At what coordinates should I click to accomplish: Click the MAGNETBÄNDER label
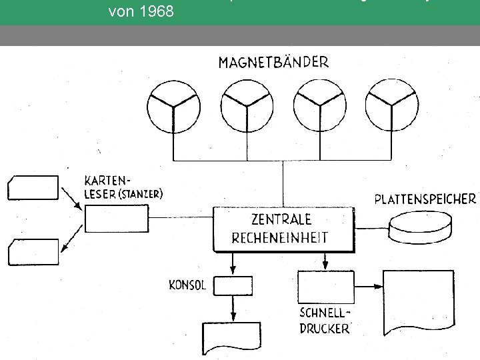coord(273,63)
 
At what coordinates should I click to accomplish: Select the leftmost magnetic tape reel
coord(173,105)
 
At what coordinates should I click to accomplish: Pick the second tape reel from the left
coord(246,105)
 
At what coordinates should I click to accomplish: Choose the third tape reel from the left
coord(320,105)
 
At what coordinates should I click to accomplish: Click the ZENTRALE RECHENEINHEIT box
coord(281,228)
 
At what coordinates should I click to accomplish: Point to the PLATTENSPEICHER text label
coord(425,199)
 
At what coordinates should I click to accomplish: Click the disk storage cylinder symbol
coord(421,227)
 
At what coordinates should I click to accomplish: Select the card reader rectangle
coord(117,218)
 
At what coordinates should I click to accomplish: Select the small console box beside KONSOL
coord(233,286)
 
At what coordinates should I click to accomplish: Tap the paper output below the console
coord(233,339)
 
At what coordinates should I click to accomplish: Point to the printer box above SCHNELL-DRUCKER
coord(325,287)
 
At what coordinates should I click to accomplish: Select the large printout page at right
coord(418,303)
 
